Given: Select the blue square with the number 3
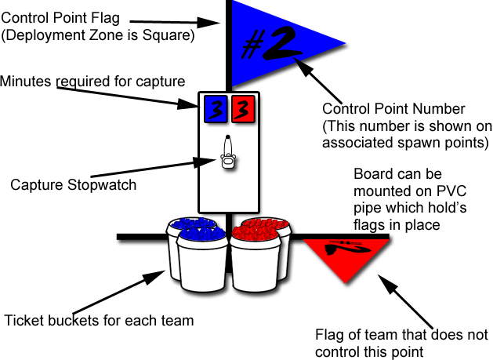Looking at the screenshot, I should pos(216,110).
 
